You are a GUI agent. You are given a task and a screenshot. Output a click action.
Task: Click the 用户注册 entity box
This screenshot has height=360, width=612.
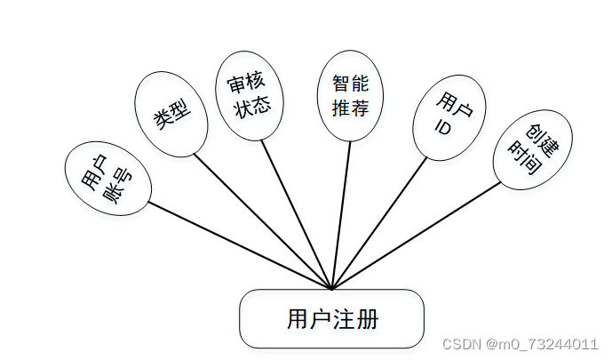tap(331, 318)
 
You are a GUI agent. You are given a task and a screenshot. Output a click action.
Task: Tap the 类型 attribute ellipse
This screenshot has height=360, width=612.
tap(171, 115)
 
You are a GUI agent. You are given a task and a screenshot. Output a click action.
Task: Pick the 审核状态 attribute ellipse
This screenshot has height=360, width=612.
tap(249, 99)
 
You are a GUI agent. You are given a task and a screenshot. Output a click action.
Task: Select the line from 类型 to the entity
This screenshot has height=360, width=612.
tap(263, 223)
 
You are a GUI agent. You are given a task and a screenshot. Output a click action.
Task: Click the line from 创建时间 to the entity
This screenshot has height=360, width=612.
tap(417, 236)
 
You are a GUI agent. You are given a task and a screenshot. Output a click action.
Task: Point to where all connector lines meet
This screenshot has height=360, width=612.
tap(331, 289)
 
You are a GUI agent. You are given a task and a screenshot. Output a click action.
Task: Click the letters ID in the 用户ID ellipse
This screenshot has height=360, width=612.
tap(443, 127)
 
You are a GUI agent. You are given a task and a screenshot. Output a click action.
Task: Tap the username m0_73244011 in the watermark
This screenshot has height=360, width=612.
tap(544, 344)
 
